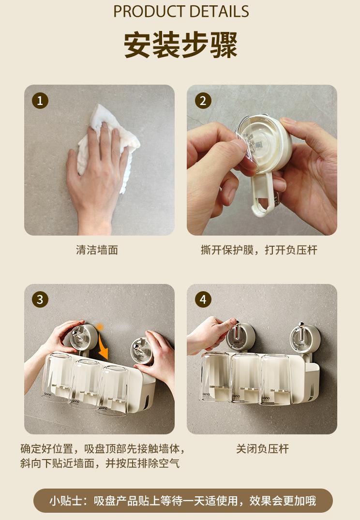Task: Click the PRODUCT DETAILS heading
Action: click(181, 11)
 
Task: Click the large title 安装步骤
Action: click(181, 45)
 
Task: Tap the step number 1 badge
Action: click(40, 101)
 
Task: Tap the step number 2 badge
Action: click(203, 101)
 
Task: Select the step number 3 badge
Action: click(40, 300)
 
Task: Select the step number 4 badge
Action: click(203, 300)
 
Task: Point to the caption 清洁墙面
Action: click(97, 250)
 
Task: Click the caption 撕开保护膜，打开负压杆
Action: click(259, 250)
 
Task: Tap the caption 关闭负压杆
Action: click(262, 449)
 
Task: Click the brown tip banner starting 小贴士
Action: click(183, 501)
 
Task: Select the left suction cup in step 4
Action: click(240, 337)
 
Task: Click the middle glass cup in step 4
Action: click(245, 378)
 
